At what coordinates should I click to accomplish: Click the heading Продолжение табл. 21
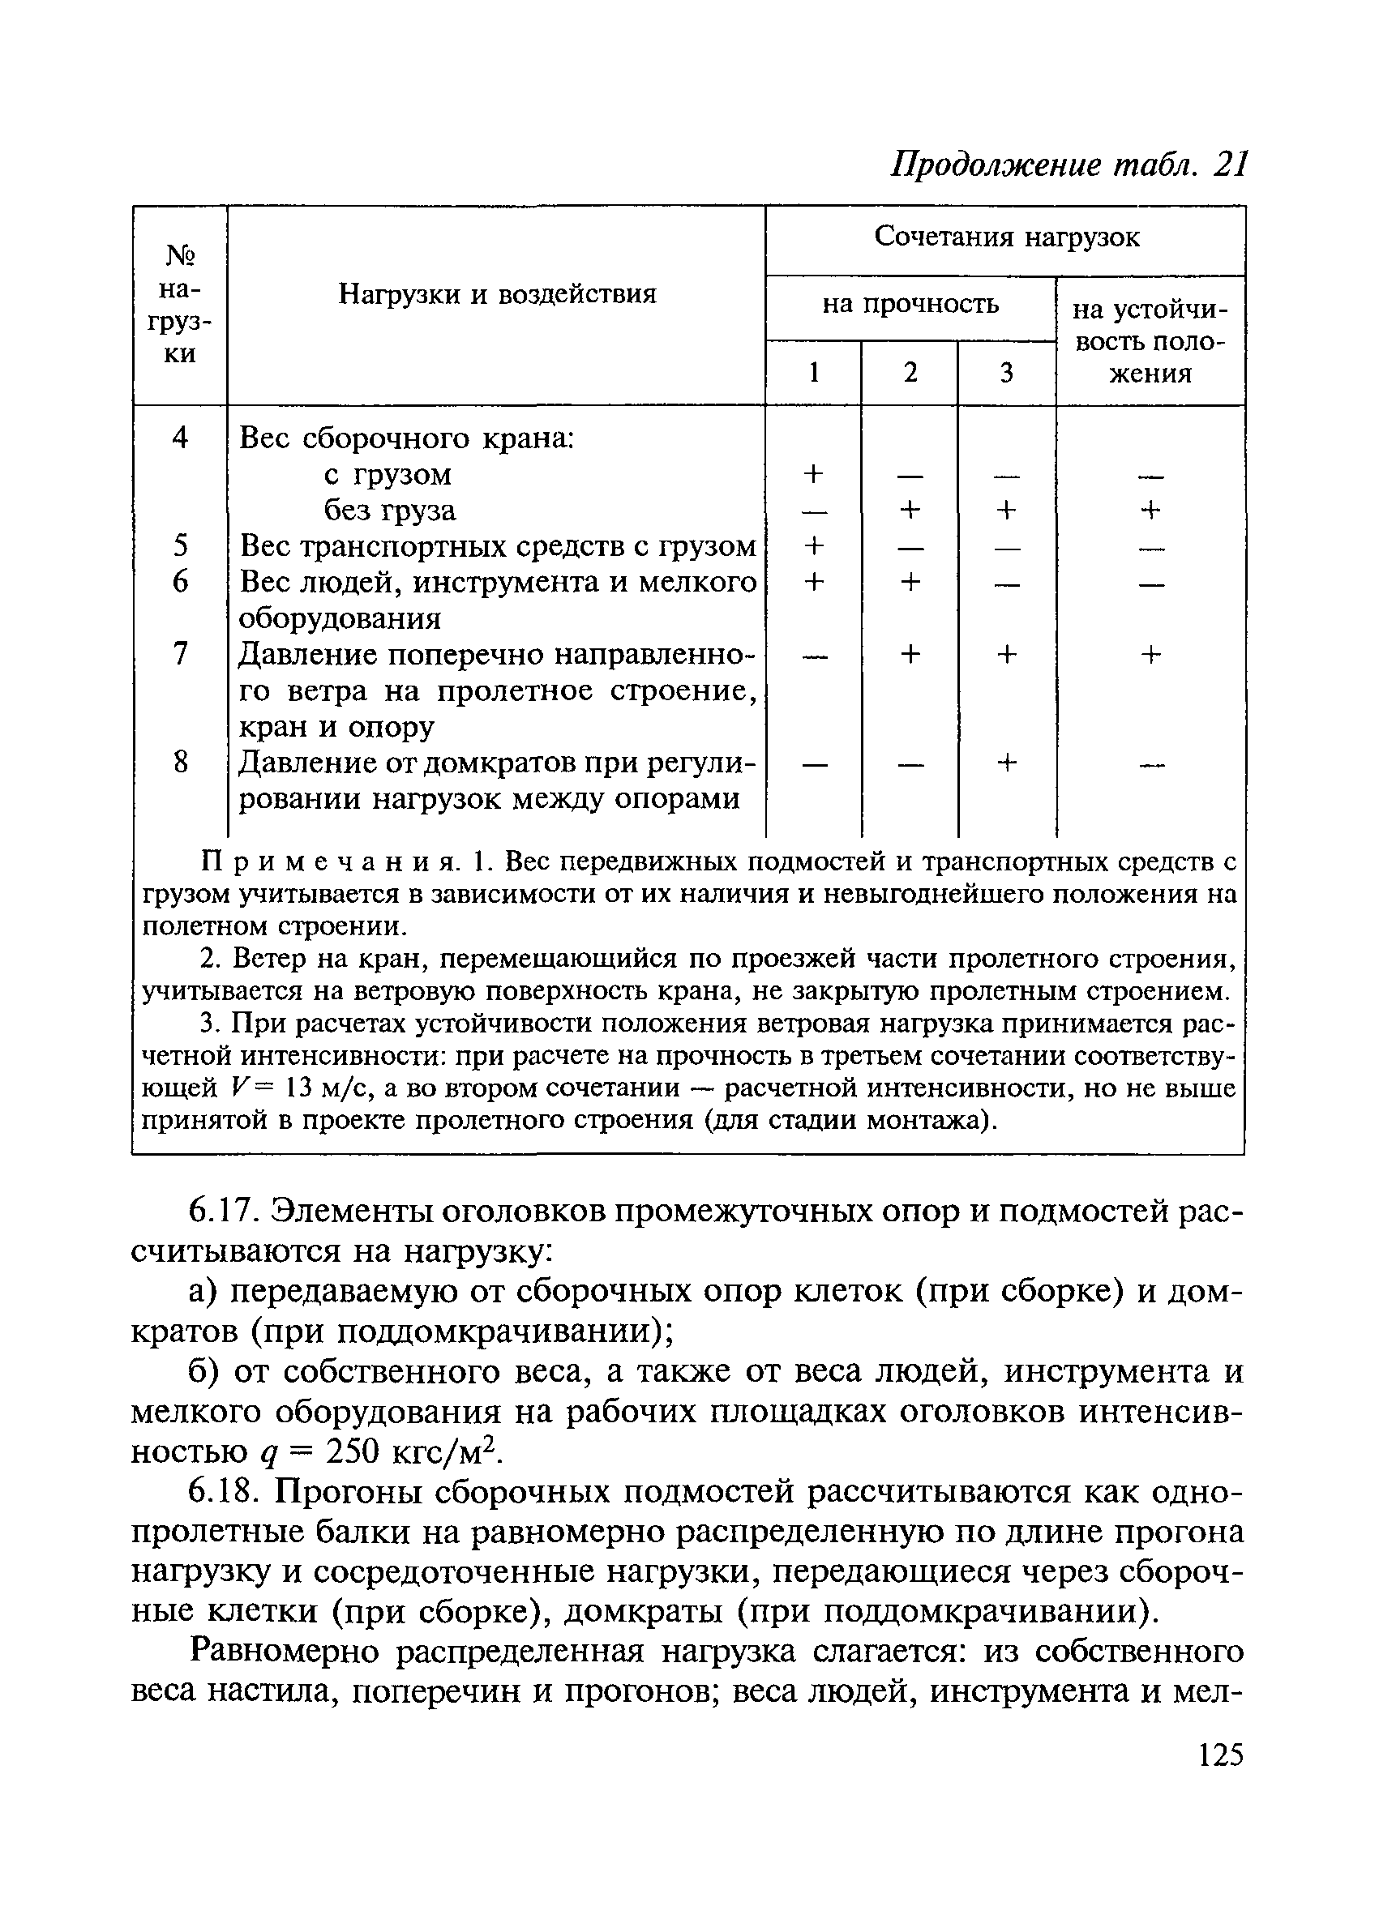[x=1069, y=165]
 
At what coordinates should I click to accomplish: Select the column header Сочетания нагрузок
[x=1007, y=237]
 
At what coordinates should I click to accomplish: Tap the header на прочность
[x=910, y=303]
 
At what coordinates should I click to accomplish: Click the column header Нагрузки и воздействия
[x=498, y=294]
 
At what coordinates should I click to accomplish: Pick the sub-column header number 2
[x=910, y=372]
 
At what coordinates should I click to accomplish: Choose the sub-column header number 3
[x=1006, y=372]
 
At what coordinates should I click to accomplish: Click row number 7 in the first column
[x=179, y=653]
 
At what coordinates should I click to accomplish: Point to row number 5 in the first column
[x=179, y=545]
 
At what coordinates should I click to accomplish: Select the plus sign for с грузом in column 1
[x=813, y=473]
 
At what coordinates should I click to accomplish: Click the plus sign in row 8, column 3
[x=1006, y=763]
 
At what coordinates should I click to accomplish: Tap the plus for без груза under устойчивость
[x=1150, y=510]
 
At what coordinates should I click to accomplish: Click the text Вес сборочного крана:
[x=407, y=438]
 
